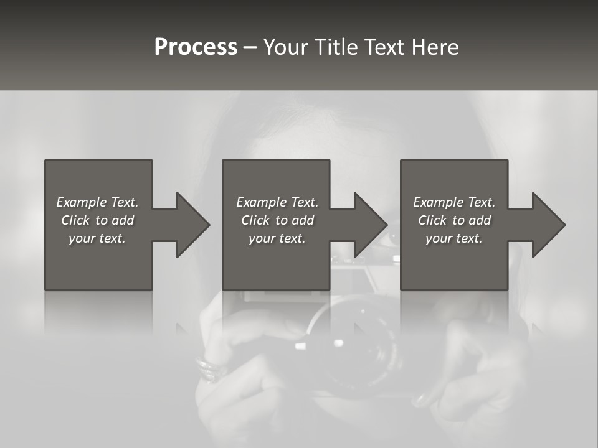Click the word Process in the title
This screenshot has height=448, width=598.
tap(196, 47)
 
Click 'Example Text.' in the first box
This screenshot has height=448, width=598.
tap(97, 202)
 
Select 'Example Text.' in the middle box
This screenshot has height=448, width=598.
tap(277, 202)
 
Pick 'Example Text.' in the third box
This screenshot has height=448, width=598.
tap(454, 202)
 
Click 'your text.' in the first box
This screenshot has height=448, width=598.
tap(97, 238)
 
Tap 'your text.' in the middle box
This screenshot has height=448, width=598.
tap(277, 238)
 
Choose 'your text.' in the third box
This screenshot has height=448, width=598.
tap(454, 238)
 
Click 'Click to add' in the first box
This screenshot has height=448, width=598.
tap(97, 220)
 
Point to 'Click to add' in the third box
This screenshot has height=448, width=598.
tap(454, 220)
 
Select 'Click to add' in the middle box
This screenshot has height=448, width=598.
tap(277, 220)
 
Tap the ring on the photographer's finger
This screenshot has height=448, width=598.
tap(209, 368)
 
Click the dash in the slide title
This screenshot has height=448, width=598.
tap(250, 47)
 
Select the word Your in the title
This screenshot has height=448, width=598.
tap(285, 47)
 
